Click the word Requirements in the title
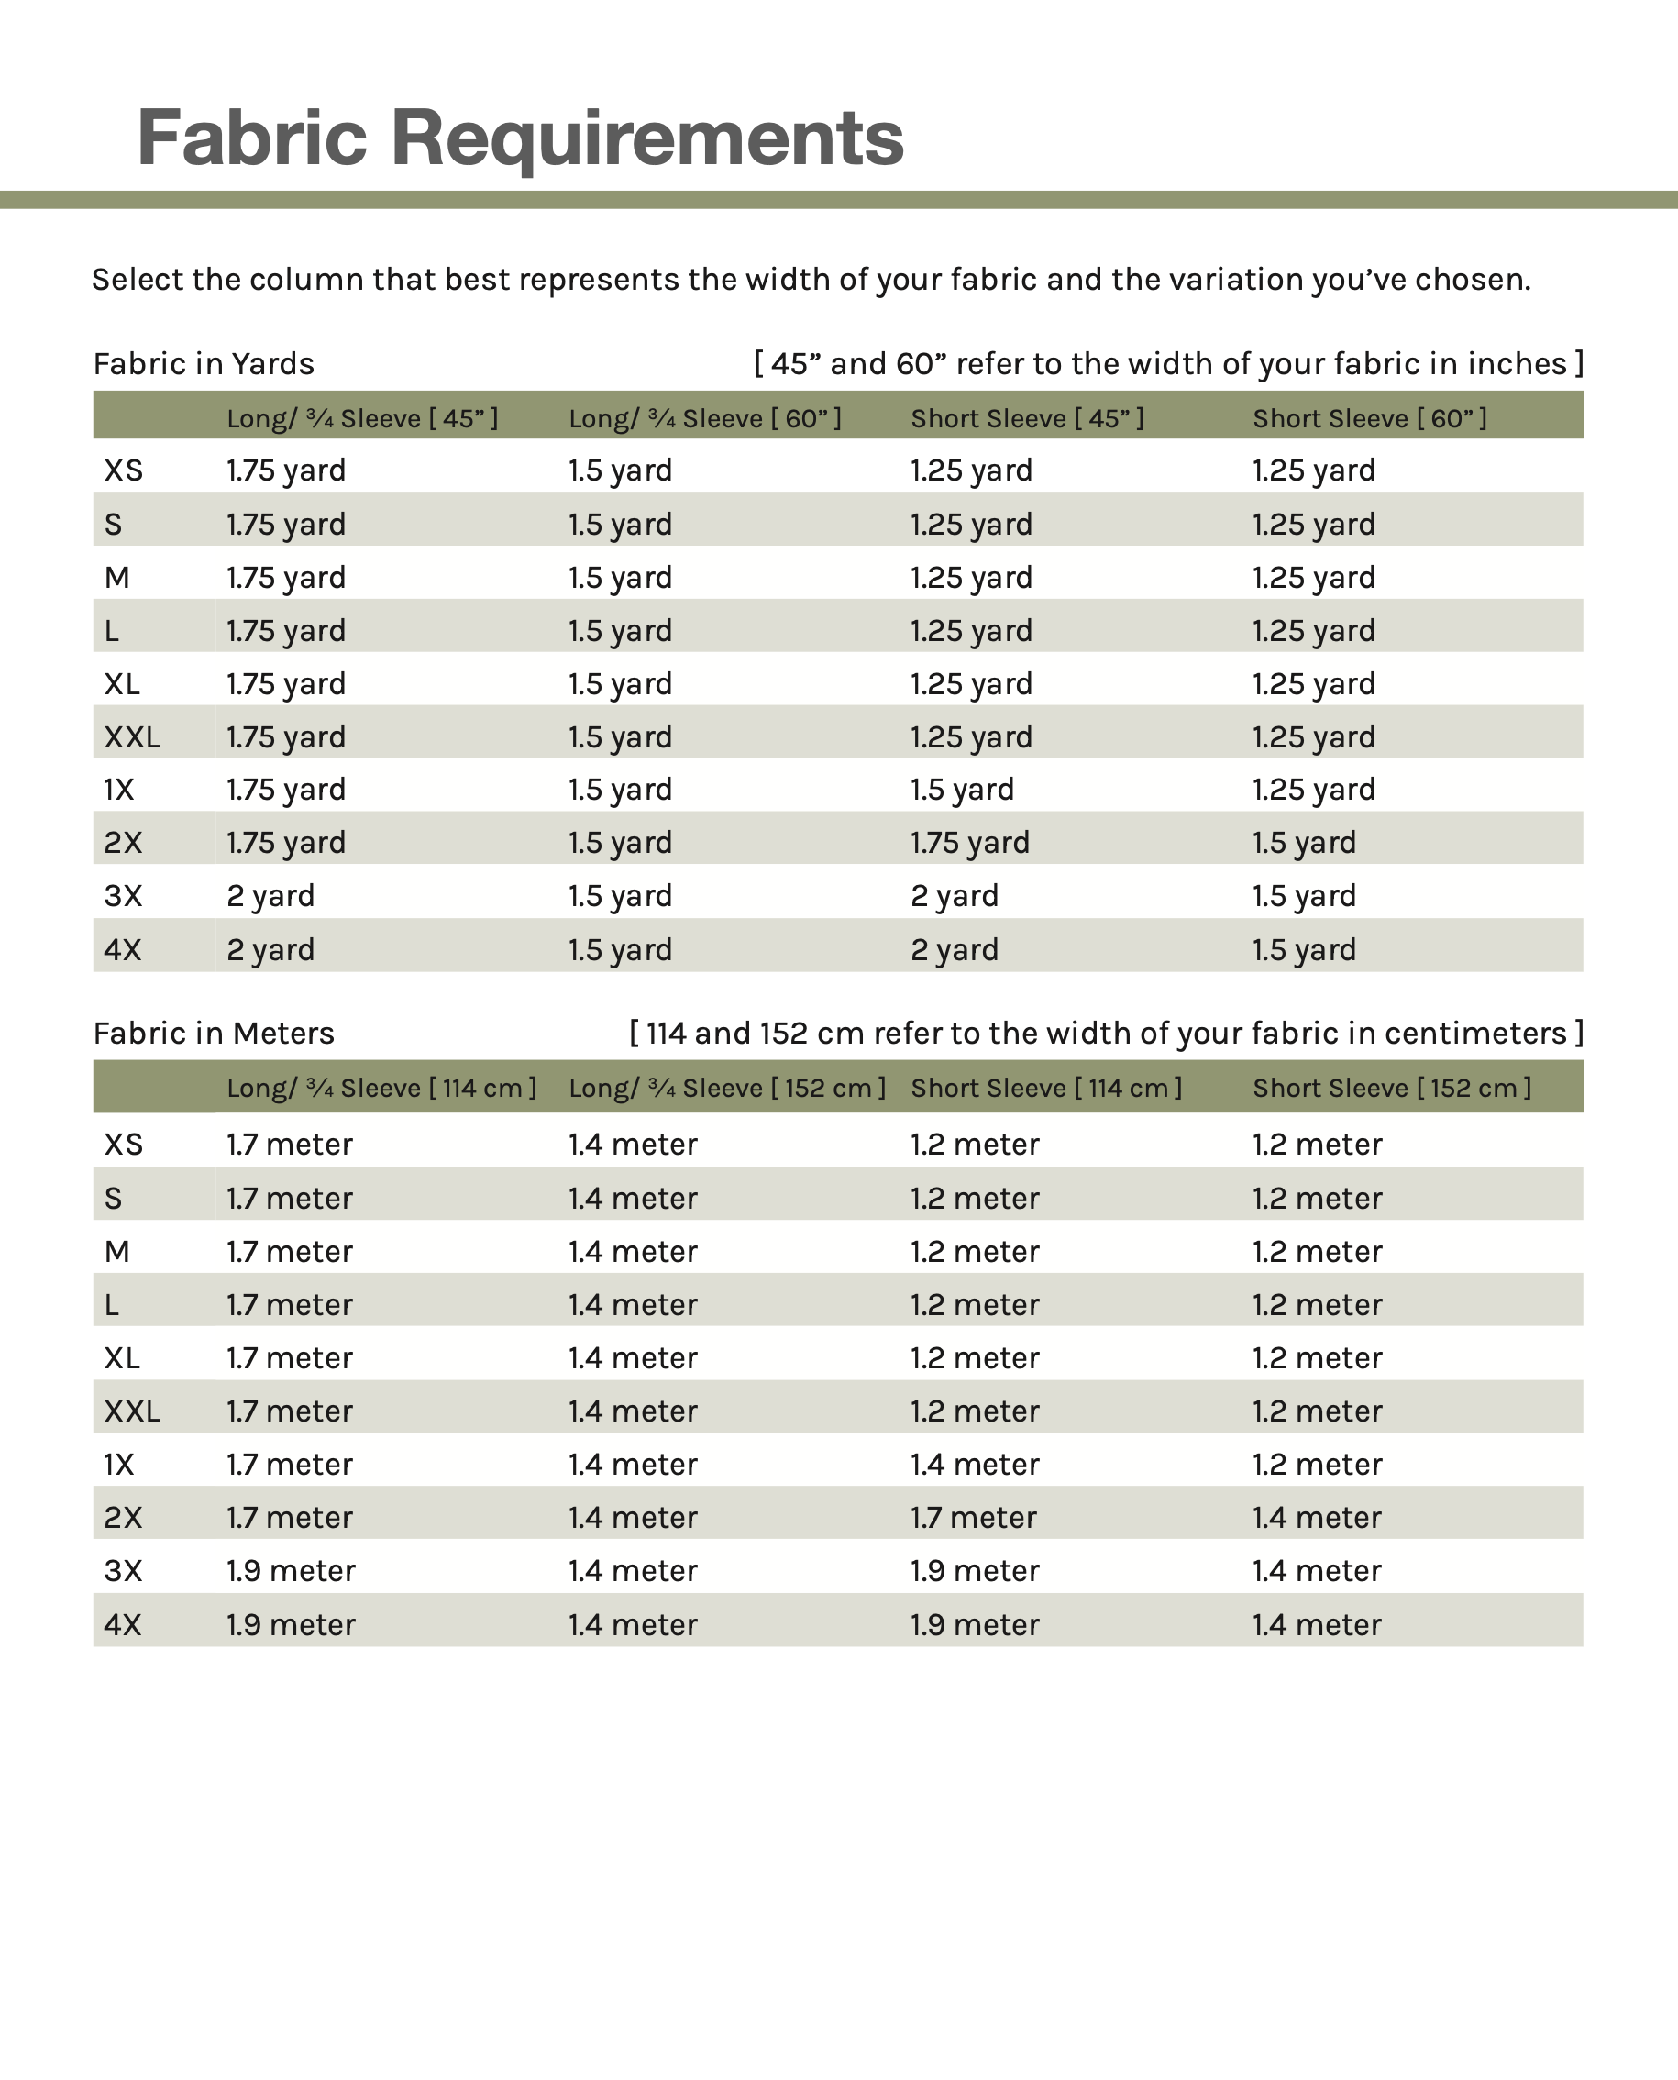[x=646, y=138]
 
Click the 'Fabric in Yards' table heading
[x=203, y=363]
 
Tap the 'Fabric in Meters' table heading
[x=214, y=1034]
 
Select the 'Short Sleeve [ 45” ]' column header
[x=1027, y=418]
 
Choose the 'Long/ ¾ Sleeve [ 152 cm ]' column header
[x=727, y=1089]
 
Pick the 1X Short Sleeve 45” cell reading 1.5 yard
[x=962, y=790]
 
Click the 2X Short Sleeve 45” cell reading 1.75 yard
[x=969, y=843]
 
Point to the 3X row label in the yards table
[x=123, y=896]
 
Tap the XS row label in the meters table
[x=123, y=1145]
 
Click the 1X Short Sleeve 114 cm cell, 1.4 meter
[x=975, y=1465]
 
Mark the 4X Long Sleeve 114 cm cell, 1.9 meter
[x=290, y=1625]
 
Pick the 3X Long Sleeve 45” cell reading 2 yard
[x=270, y=896]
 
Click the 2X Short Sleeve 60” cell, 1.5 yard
[x=1304, y=843]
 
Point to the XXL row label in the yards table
[x=131, y=737]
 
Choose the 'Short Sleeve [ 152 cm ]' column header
[x=1392, y=1089]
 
